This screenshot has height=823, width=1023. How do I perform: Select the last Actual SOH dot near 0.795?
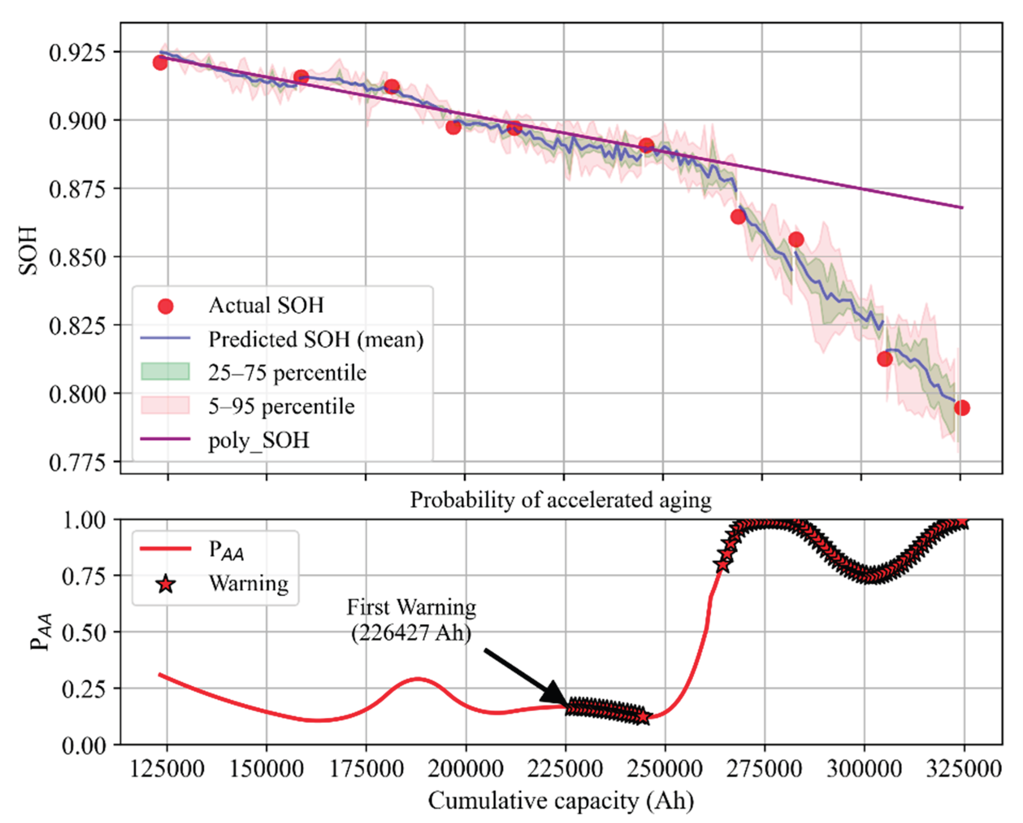click(x=962, y=407)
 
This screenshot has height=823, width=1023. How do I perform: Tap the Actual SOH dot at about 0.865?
click(x=738, y=217)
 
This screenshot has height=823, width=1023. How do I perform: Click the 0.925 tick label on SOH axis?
click(x=78, y=52)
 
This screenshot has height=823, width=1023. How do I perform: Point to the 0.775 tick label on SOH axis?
click(x=78, y=462)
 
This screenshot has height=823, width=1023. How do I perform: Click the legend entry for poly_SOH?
click(x=259, y=440)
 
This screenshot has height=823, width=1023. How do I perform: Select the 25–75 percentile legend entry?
click(x=287, y=372)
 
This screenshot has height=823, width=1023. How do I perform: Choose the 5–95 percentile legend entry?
click(x=281, y=406)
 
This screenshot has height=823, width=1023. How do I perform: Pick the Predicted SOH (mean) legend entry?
click(x=316, y=339)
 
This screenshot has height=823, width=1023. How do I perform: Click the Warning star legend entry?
click(x=249, y=583)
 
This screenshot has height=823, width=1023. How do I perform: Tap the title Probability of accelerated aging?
click(x=561, y=500)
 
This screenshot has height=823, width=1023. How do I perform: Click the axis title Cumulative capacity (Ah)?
click(x=561, y=801)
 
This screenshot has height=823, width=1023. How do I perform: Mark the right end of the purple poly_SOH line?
click(x=962, y=208)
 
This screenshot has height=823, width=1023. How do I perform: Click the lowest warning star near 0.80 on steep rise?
click(x=723, y=566)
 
